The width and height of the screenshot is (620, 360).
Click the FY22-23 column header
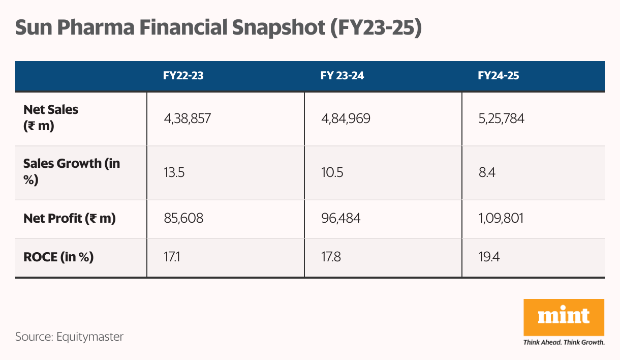tap(183, 76)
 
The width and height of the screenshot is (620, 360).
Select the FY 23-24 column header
tap(342, 76)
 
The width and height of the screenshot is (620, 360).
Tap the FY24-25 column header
tap(498, 76)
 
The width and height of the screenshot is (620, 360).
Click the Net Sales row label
tap(51, 117)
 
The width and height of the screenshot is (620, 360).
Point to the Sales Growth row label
tap(72, 172)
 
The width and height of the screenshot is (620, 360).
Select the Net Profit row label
tap(70, 219)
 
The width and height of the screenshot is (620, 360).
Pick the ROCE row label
tap(58, 257)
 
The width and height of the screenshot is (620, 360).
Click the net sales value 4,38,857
tap(187, 119)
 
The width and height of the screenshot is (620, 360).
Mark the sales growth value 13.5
tap(174, 173)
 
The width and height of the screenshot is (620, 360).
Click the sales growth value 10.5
tap(332, 173)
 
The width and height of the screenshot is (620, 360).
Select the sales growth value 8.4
tap(486, 173)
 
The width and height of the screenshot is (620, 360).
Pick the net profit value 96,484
tap(340, 219)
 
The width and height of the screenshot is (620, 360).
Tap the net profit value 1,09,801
tap(501, 219)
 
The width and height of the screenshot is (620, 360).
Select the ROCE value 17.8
tap(330, 257)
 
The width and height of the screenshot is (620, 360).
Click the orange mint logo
tap(564, 317)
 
